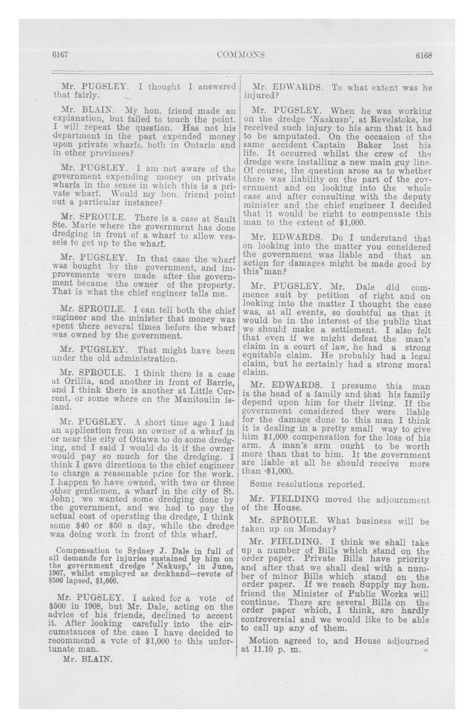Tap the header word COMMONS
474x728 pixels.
[x=241, y=55]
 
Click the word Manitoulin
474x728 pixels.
[x=197, y=399]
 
